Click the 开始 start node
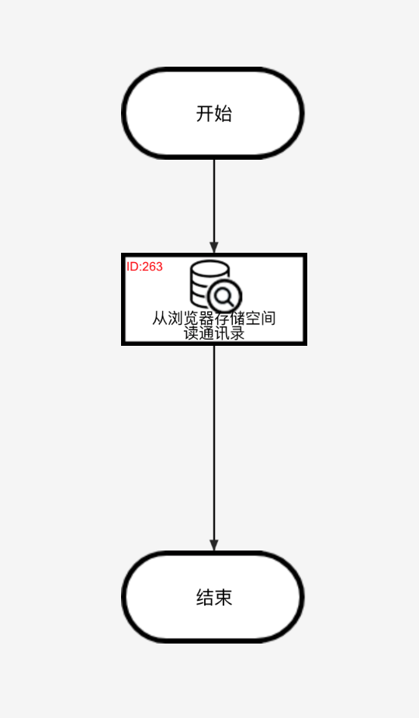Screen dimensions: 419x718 click(x=213, y=113)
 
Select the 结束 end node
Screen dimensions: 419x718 click(x=213, y=597)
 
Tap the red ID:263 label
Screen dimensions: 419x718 click(x=144, y=267)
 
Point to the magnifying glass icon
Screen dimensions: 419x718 click(x=224, y=297)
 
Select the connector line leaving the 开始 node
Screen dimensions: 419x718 click(x=214, y=206)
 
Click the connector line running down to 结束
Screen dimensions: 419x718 click(x=214, y=448)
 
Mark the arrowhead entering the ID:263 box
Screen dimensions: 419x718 click(x=214, y=247)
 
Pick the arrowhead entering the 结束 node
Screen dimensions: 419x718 click(x=214, y=545)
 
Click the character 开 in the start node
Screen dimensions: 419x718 click(x=205, y=113)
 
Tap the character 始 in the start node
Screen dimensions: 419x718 click(x=223, y=113)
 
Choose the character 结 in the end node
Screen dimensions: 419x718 click(x=205, y=598)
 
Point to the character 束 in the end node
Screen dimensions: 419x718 click(x=223, y=598)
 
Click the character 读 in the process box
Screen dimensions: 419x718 click(x=191, y=333)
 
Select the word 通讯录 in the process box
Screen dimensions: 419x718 click(x=222, y=333)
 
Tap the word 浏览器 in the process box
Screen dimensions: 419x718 click(x=191, y=318)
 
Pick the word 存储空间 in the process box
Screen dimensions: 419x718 click(x=245, y=318)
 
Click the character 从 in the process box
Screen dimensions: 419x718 click(x=160, y=318)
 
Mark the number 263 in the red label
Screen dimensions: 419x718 click(x=153, y=267)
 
